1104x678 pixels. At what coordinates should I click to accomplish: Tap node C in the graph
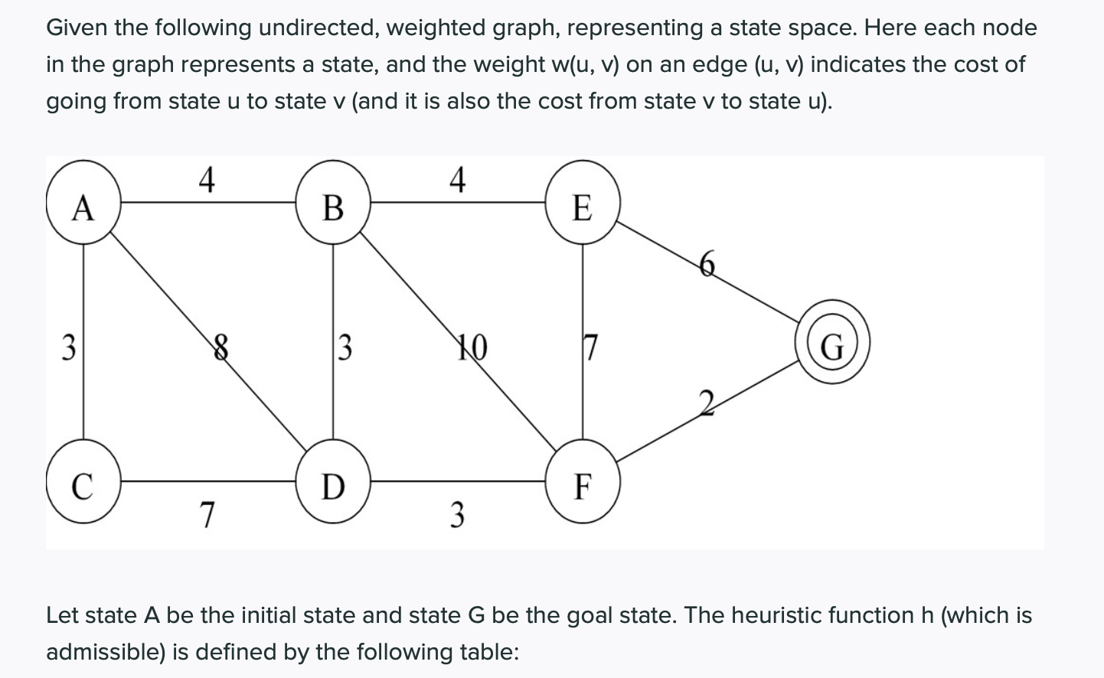coord(83,484)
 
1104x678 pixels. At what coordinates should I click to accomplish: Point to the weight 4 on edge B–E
coord(457,180)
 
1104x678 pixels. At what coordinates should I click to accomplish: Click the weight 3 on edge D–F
coord(457,514)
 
